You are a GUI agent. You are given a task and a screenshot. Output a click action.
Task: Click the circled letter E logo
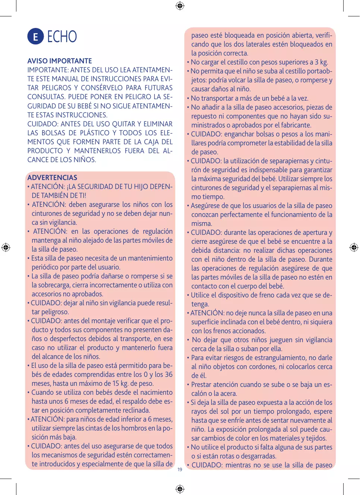pos(35,37)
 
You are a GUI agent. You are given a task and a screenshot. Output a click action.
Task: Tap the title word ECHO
pos(62,37)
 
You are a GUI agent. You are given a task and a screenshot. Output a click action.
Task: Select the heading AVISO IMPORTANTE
pos(60,61)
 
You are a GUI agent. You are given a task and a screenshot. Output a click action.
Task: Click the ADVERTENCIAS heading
pos(52,177)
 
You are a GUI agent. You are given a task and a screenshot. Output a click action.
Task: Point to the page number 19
pos(180,470)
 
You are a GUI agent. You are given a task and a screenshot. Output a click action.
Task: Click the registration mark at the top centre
pos(180,6)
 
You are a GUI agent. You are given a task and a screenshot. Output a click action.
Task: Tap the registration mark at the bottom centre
pos(180,489)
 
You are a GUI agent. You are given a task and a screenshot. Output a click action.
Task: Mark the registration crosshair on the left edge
pos(6,247)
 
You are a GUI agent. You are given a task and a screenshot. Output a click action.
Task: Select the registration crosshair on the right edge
pos(354,247)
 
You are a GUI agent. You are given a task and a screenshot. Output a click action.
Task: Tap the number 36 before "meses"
pos(169,375)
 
